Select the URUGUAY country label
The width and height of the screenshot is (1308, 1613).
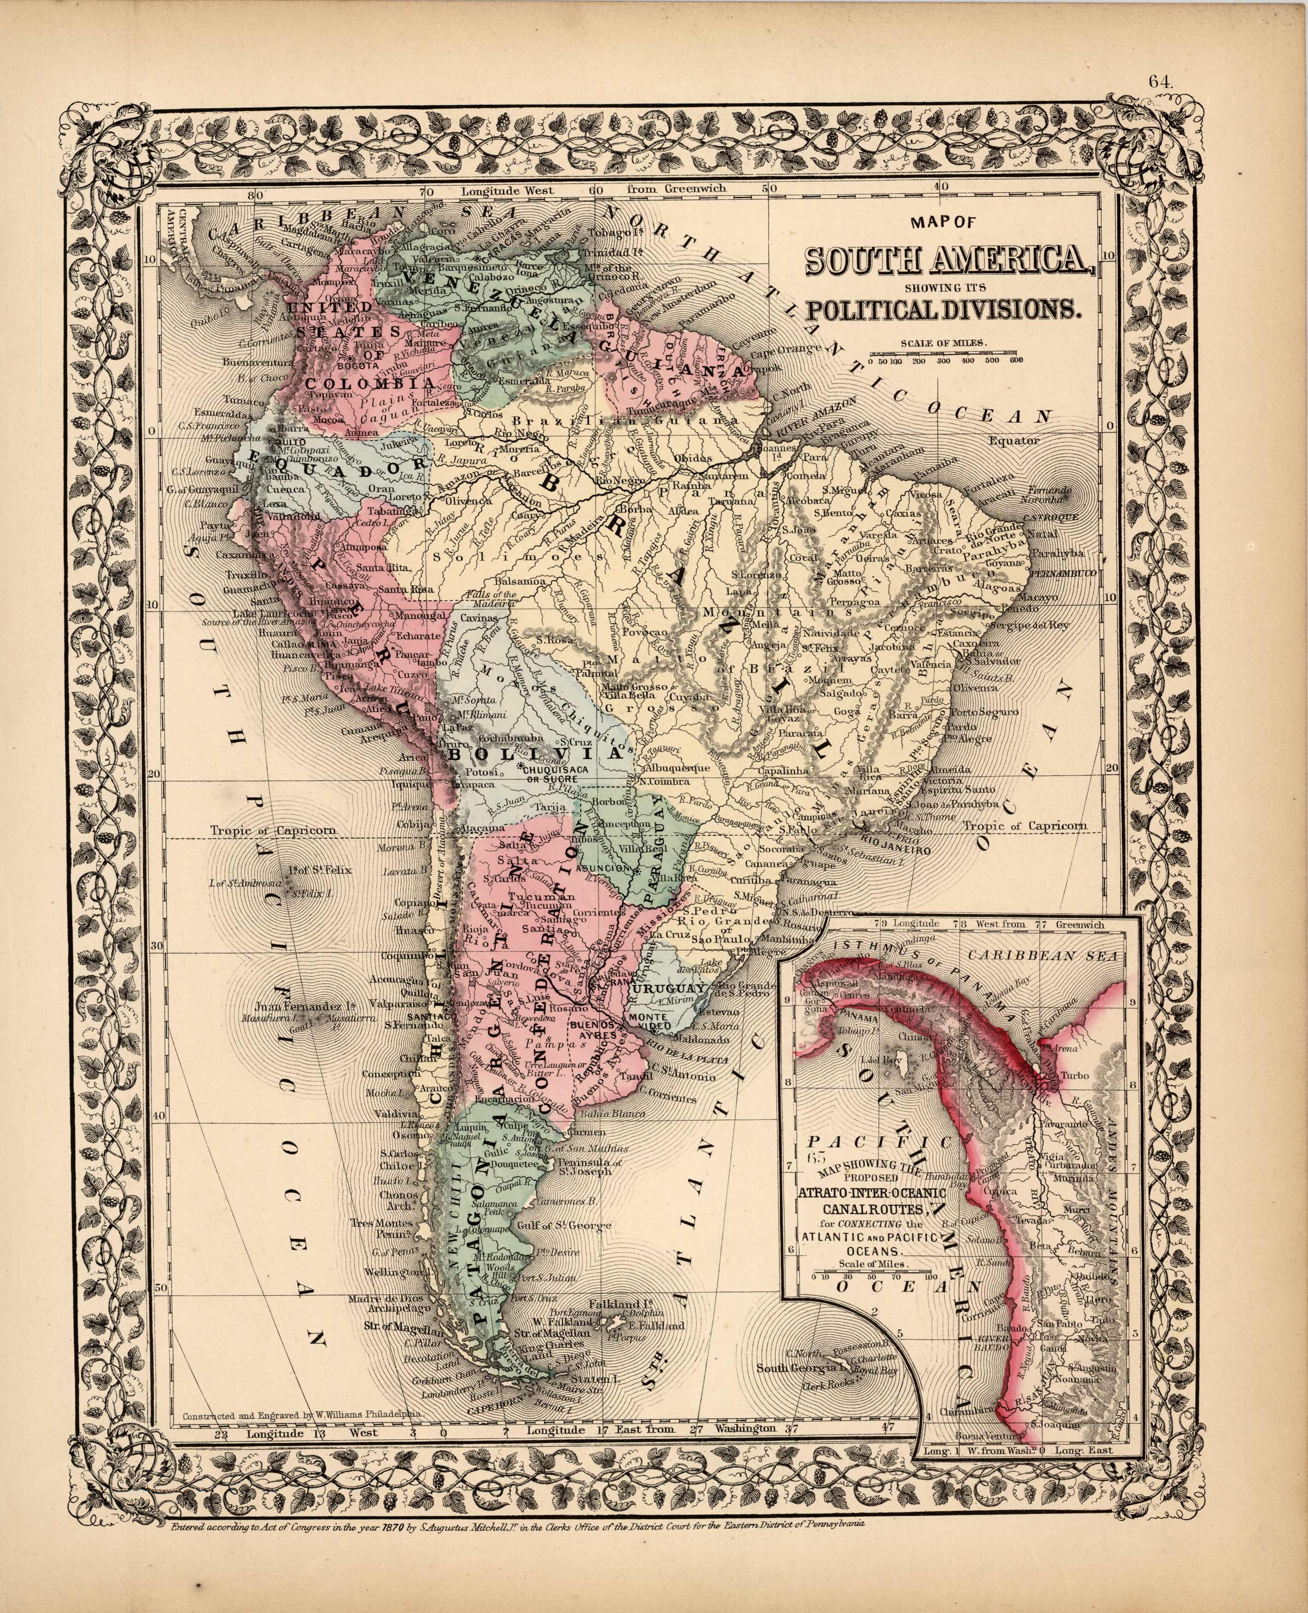tap(667, 989)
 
